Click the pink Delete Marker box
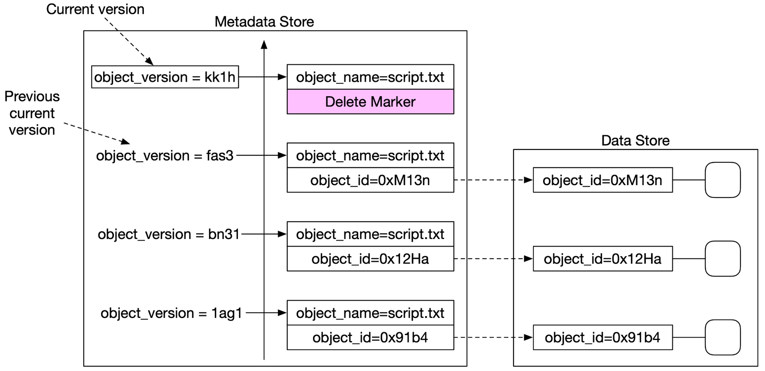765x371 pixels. tap(370, 102)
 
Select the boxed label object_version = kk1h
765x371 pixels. tap(165, 77)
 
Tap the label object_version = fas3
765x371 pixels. tap(165, 156)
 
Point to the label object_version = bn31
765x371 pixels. tap(169, 234)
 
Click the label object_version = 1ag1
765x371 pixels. tap(171, 313)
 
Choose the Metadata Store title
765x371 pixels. tap(264, 22)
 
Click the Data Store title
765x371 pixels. tap(635, 140)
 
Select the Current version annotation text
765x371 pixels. tap(95, 9)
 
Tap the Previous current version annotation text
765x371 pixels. tap(32, 113)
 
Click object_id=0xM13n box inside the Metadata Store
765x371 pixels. tap(370, 180)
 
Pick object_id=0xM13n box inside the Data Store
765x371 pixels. tap(603, 180)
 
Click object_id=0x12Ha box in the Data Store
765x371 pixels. tap(603, 259)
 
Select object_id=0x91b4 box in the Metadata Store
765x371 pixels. tap(370, 337)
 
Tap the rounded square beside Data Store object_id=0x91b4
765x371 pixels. tap(723, 337)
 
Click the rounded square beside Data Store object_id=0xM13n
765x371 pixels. tap(723, 180)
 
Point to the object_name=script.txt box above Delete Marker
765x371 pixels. tap(370, 77)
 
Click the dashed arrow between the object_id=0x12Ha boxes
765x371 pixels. tap(494, 259)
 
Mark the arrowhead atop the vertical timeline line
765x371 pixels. tap(264, 44)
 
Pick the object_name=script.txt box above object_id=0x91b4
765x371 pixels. tap(370, 313)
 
